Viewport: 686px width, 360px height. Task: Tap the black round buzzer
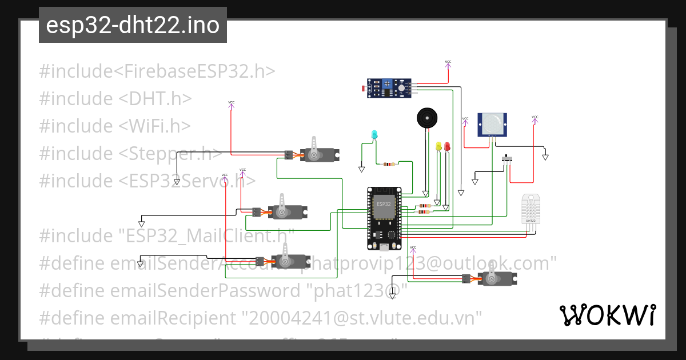click(426, 119)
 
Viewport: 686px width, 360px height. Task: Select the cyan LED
click(374, 135)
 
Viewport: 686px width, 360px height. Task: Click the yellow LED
click(439, 147)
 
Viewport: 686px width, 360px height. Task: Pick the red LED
click(447, 147)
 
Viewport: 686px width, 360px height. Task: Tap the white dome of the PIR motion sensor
click(492, 121)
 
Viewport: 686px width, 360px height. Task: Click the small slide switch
click(506, 158)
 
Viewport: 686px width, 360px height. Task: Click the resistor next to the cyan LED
click(389, 165)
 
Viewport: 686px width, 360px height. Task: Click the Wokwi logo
click(607, 315)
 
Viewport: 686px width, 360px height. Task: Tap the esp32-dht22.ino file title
click(133, 25)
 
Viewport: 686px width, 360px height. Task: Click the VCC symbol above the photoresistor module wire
click(448, 63)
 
